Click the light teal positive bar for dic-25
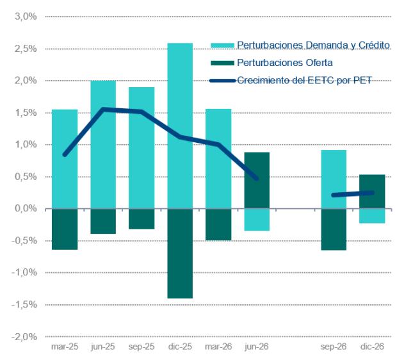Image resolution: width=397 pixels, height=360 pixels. (x=180, y=126)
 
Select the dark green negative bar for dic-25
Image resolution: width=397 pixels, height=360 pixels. (x=180, y=254)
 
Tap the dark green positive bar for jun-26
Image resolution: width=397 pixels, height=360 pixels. (x=257, y=181)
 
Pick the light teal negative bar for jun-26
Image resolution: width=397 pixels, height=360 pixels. (x=257, y=220)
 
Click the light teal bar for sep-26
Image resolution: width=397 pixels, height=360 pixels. (x=334, y=179)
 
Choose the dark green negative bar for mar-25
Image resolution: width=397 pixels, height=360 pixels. (x=65, y=229)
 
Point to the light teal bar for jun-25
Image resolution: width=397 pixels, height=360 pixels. (x=103, y=145)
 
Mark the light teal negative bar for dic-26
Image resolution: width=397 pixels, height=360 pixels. (x=372, y=216)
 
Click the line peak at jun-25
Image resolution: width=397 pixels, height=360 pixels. (x=103, y=110)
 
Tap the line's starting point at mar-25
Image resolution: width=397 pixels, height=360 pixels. (x=65, y=154)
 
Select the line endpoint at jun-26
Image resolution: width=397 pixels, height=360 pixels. (x=257, y=179)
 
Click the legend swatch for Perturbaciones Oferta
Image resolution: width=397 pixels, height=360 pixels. (x=223, y=63)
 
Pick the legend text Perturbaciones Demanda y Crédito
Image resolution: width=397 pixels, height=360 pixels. (x=314, y=45)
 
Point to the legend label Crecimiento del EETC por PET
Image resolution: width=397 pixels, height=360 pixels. (x=304, y=80)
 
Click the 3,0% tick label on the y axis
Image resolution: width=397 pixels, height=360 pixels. (x=26, y=17)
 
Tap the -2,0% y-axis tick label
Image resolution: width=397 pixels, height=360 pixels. (x=24, y=337)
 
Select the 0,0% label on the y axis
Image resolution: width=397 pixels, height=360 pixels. (x=26, y=208)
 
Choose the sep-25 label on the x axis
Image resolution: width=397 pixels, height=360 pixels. (x=142, y=347)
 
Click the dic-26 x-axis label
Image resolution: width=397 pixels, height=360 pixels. (x=372, y=347)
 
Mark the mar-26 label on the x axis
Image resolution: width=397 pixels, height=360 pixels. (x=218, y=347)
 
